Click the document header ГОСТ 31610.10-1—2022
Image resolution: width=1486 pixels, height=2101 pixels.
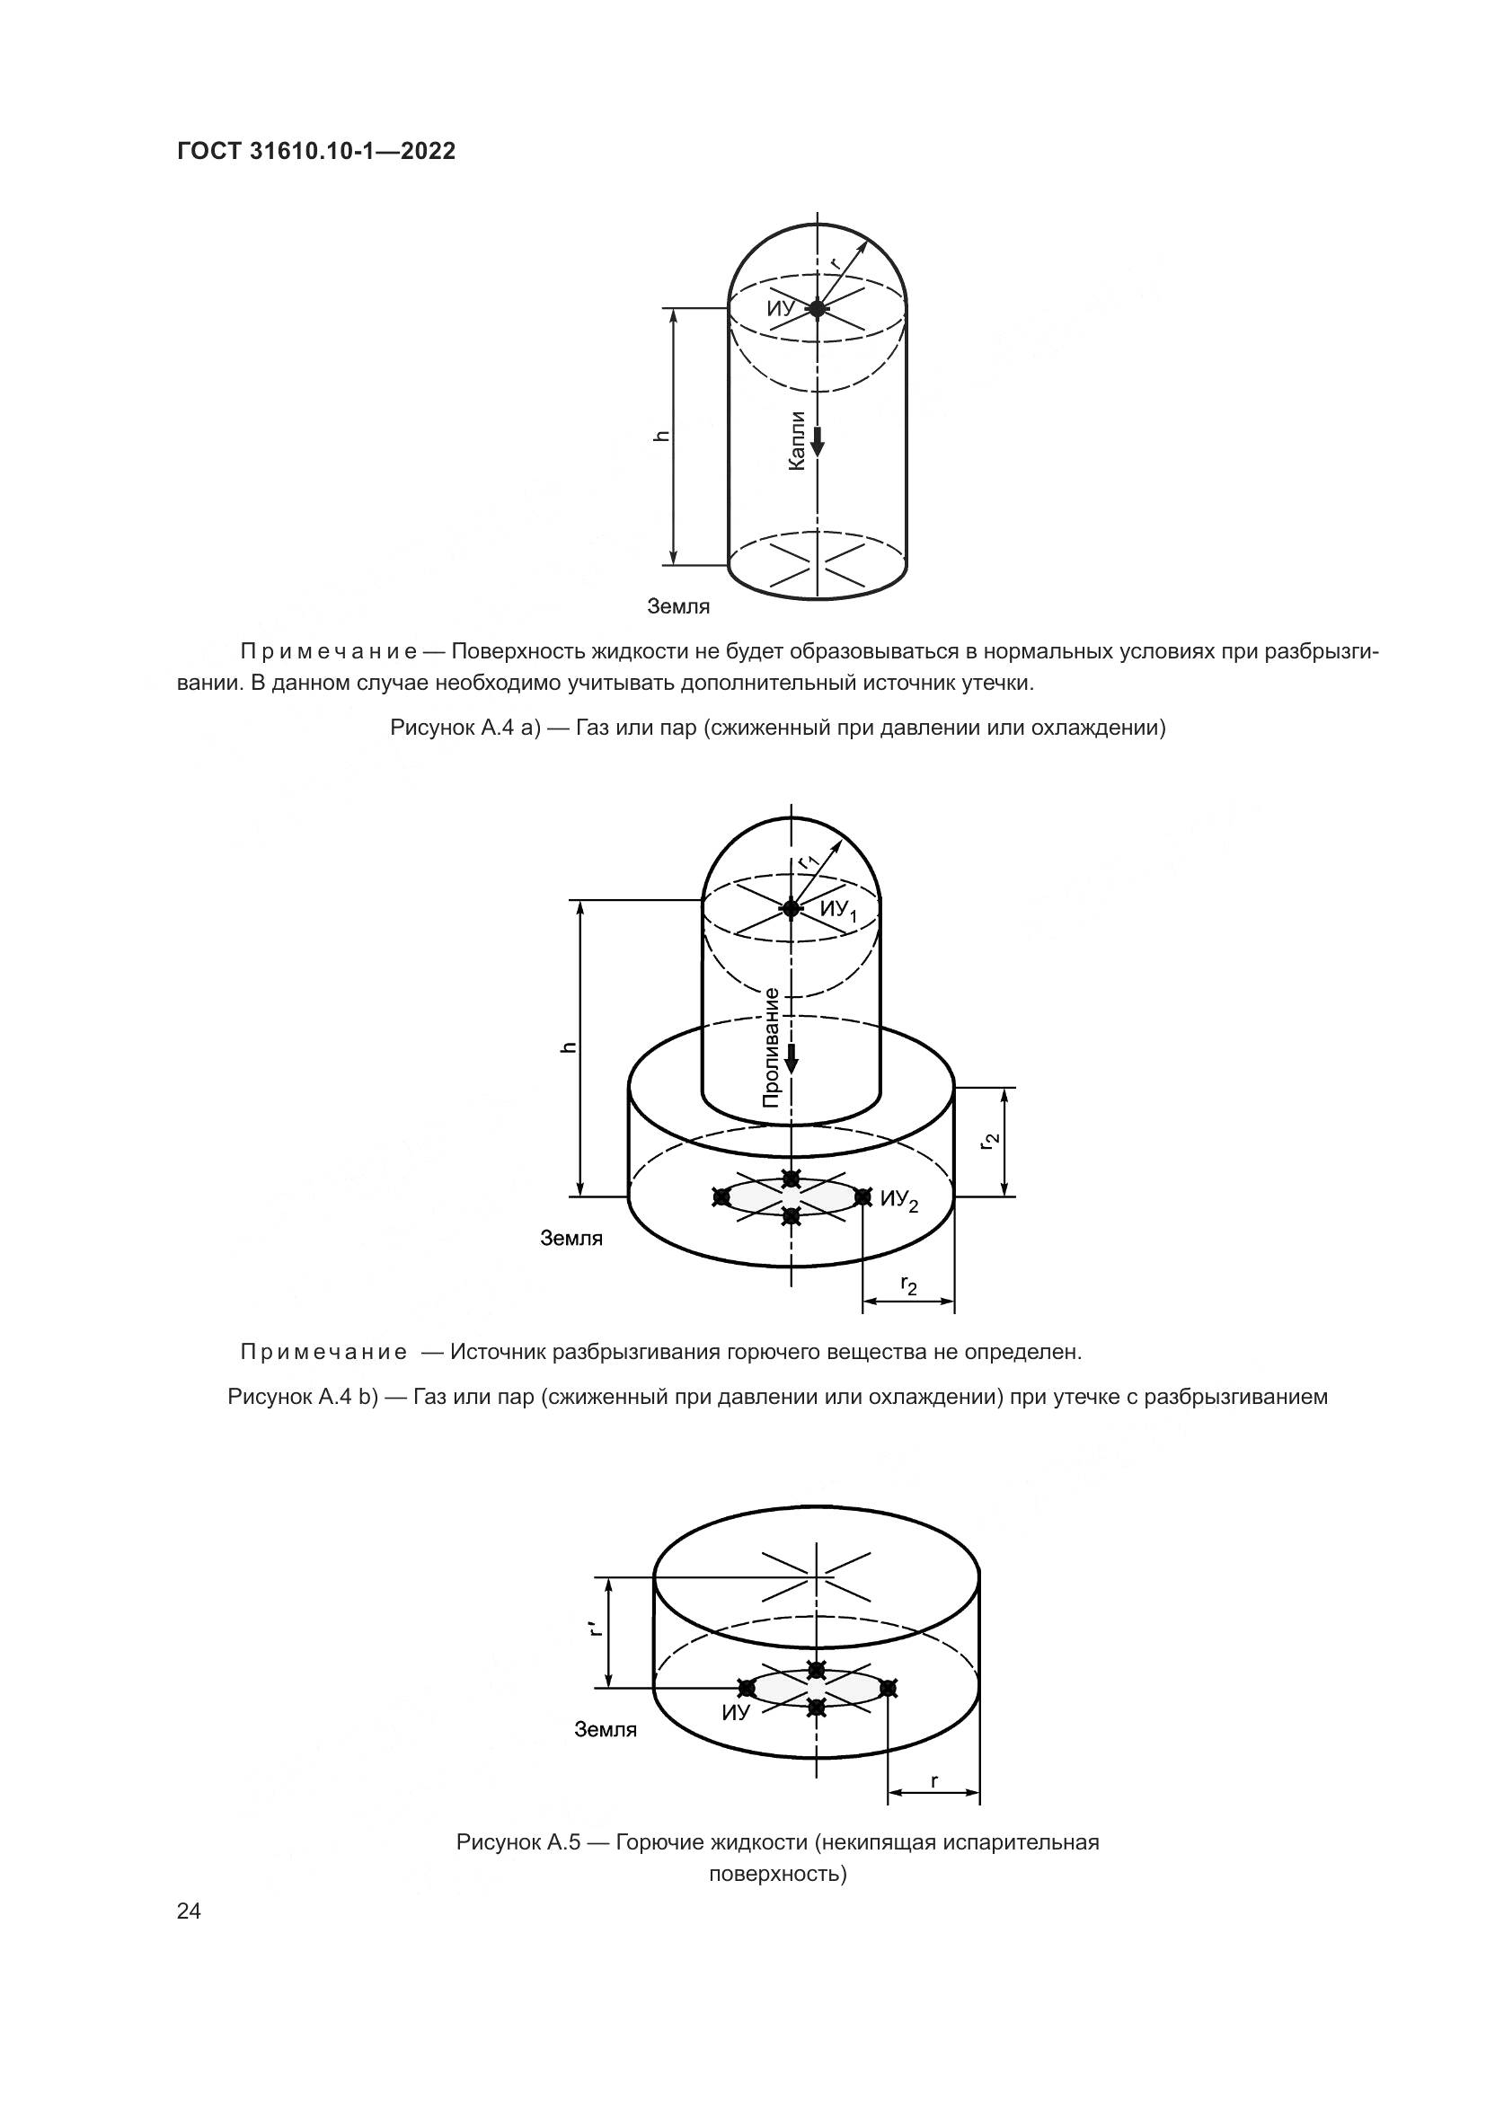(x=315, y=152)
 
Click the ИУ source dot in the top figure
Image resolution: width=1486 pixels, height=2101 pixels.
(x=817, y=309)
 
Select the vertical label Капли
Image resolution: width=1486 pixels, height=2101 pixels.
(x=796, y=441)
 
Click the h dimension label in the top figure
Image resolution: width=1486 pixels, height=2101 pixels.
(x=663, y=436)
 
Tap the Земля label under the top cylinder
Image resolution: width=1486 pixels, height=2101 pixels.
(x=678, y=605)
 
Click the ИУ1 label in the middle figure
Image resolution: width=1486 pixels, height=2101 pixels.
(x=838, y=911)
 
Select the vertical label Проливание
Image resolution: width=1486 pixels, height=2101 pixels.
(x=772, y=1047)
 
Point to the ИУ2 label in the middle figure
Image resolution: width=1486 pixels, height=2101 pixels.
(x=898, y=1201)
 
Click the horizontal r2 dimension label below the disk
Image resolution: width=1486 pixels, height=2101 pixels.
(x=908, y=1285)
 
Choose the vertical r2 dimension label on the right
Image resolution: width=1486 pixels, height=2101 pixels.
(x=989, y=1141)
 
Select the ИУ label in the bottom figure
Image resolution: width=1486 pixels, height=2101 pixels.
(x=735, y=1713)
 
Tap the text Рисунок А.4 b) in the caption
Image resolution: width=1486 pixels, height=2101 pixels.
(x=303, y=1397)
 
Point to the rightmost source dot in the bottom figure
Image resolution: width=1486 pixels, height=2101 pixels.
(x=888, y=1688)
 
